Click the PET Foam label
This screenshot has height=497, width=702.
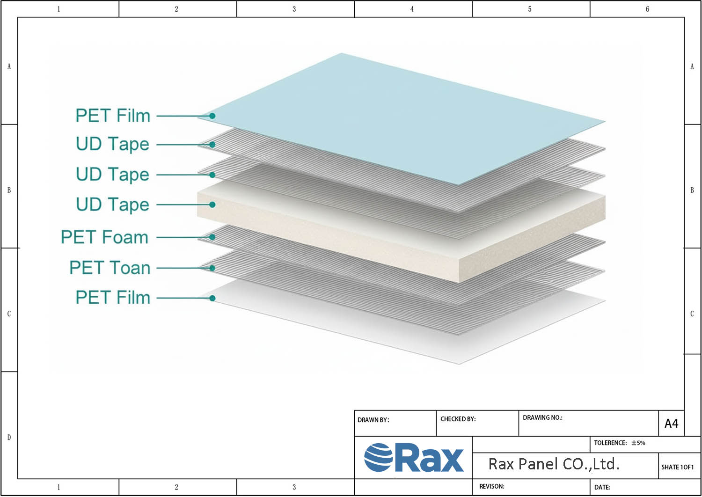coord(104,237)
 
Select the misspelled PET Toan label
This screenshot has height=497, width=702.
coord(110,268)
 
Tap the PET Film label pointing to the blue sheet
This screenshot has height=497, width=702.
coord(113,116)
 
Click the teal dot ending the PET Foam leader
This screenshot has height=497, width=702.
coord(212,237)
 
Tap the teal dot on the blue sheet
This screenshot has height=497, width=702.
coord(212,116)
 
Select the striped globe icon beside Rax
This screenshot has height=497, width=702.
coord(378,458)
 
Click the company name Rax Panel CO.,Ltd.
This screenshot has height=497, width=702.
coord(554,464)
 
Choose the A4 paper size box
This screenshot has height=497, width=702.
coord(671,424)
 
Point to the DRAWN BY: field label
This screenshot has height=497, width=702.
coord(373,420)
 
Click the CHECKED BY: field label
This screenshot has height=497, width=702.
coord(458,419)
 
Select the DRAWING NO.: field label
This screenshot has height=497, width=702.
coord(542,417)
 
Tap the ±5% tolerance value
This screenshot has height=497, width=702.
coord(638,443)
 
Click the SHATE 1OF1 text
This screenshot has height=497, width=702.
coord(677,467)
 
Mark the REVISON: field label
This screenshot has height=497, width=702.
coord(491,486)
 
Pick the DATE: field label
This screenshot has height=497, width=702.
coord(602,487)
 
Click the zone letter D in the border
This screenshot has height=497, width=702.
coord(9,438)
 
